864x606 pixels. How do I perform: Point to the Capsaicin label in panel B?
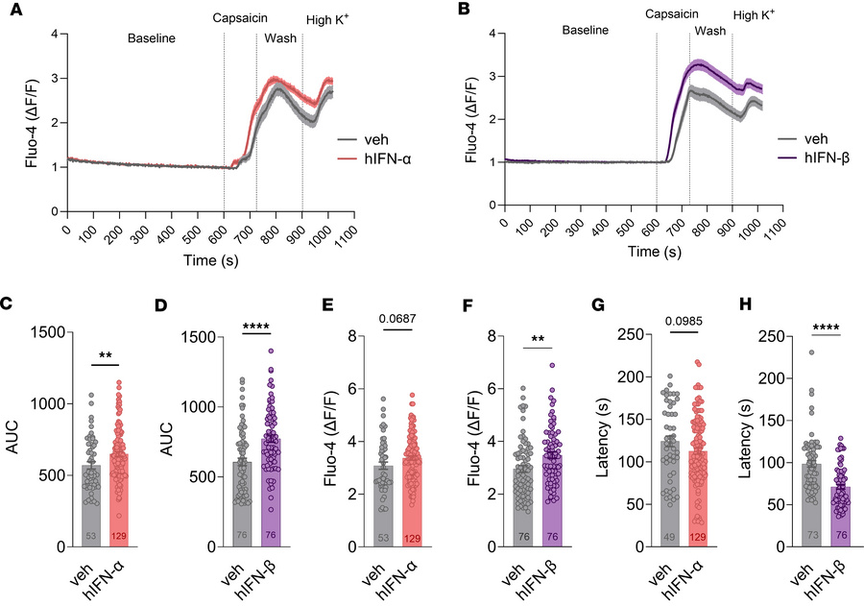click(x=672, y=14)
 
